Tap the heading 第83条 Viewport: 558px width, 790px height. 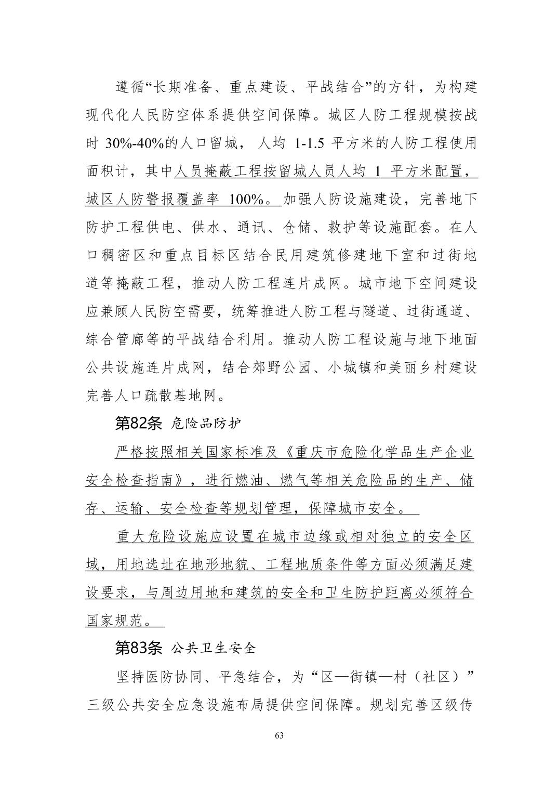(x=138, y=648)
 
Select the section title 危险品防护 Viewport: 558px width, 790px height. (x=206, y=424)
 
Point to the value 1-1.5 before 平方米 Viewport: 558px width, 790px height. (x=309, y=143)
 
